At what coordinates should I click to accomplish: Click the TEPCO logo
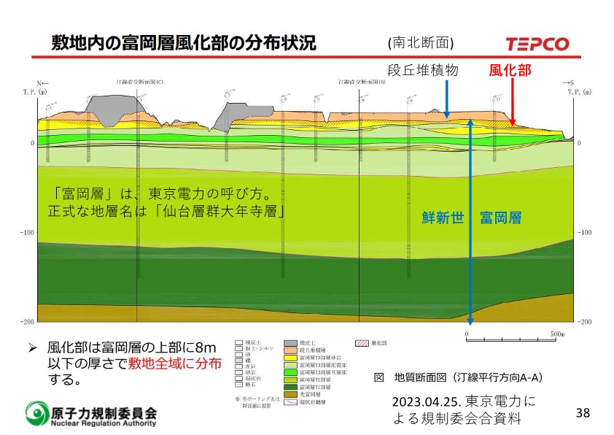tap(537, 44)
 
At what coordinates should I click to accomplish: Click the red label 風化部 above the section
tap(510, 71)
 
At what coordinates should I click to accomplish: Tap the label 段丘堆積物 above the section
tap(422, 71)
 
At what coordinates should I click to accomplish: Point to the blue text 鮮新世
tap(443, 217)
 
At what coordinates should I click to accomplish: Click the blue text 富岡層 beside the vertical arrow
tap(500, 217)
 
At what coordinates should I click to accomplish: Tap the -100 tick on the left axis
tap(27, 233)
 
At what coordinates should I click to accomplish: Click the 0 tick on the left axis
tap(32, 143)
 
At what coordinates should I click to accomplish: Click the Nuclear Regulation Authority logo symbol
tap(36, 414)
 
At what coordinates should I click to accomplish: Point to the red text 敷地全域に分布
tap(175, 364)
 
